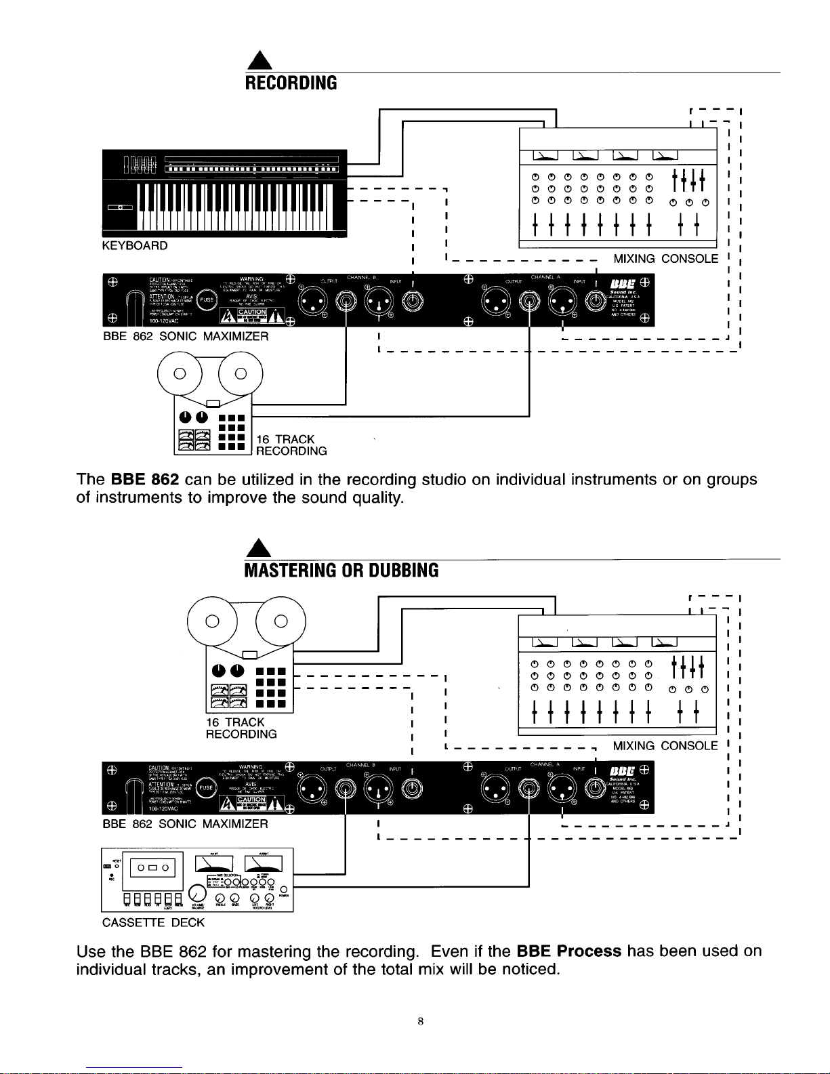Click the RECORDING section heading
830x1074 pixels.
point(290,83)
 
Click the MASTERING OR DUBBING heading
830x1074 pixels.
point(341,571)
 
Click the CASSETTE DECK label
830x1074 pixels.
point(153,922)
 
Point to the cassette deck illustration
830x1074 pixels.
point(196,880)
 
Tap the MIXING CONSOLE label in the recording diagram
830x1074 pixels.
point(665,259)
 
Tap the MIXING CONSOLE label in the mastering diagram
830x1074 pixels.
point(665,746)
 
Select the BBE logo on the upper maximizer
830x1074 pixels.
point(622,283)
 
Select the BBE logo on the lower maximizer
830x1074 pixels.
point(622,770)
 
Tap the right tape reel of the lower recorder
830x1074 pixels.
point(281,621)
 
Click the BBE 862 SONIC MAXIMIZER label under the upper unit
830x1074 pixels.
point(185,336)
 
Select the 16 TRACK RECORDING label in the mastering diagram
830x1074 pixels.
point(241,728)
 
